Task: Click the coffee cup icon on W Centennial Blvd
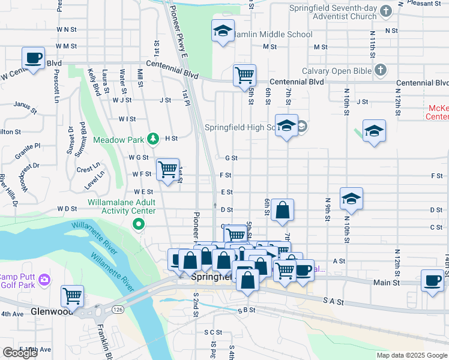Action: pos(34,59)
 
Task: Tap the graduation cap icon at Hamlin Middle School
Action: pos(223,31)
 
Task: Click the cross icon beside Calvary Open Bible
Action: pos(380,70)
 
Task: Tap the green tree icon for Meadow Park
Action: pos(154,139)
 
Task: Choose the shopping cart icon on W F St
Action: pos(167,169)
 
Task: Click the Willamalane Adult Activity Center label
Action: pos(122,207)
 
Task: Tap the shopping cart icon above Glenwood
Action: pos(73,296)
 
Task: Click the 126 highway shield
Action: pos(115,309)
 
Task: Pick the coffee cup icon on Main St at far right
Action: pos(432,280)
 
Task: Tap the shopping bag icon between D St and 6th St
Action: pos(282,210)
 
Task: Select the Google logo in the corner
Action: pos(20,353)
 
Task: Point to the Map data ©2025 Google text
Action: pos(411,355)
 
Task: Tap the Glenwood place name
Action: pos(51,312)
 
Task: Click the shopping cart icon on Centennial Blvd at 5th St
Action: pos(244,76)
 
